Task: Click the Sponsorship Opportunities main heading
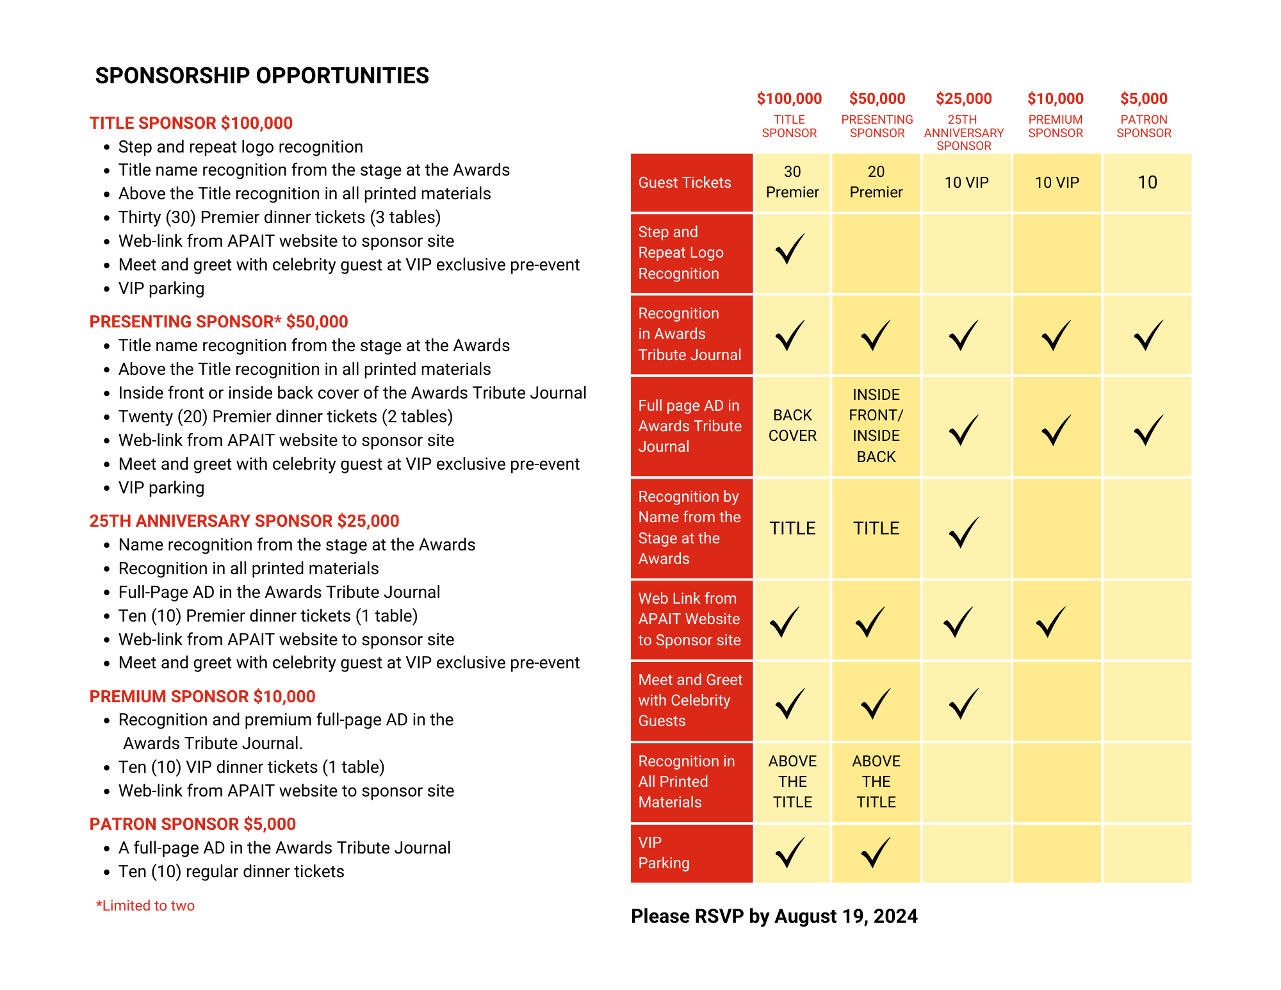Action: pyautogui.click(x=262, y=76)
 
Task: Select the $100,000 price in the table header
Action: pyautogui.click(x=789, y=99)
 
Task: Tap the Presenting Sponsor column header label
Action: pyautogui.click(x=877, y=126)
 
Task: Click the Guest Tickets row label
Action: pyautogui.click(x=685, y=183)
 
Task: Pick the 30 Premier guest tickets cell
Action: pyautogui.click(x=792, y=182)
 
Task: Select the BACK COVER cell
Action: pyautogui.click(x=792, y=425)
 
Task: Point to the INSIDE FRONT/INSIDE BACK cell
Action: pyautogui.click(x=876, y=425)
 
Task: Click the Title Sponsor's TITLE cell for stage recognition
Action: pyautogui.click(x=792, y=529)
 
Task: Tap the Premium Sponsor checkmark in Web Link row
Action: pyautogui.click(x=1051, y=622)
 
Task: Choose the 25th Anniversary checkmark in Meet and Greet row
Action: pyautogui.click(x=963, y=703)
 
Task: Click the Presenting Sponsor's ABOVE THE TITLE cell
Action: pyautogui.click(x=876, y=782)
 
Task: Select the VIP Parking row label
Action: pyautogui.click(x=664, y=853)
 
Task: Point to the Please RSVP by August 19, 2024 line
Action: pyautogui.click(x=774, y=916)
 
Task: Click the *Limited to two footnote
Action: pyautogui.click(x=145, y=905)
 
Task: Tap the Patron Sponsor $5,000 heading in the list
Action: pyautogui.click(x=192, y=824)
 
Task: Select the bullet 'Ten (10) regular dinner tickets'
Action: pyautogui.click(x=231, y=871)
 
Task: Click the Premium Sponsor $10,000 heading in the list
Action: pyautogui.click(x=202, y=697)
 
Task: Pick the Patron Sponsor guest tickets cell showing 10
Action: pyautogui.click(x=1147, y=183)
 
